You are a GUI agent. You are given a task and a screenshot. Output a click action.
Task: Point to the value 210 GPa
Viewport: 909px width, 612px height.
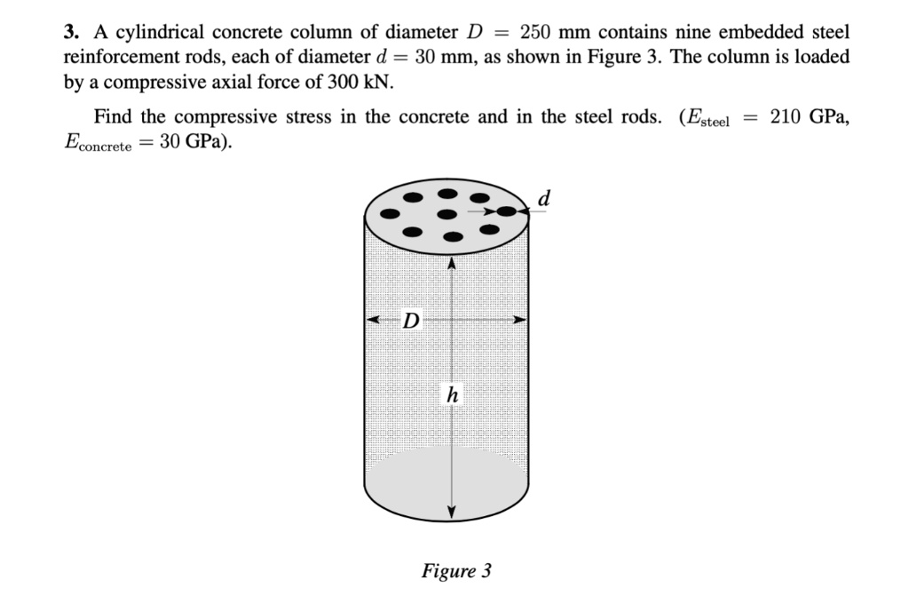pos(810,116)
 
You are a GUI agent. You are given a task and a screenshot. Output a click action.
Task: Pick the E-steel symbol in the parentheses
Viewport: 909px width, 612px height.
pos(705,118)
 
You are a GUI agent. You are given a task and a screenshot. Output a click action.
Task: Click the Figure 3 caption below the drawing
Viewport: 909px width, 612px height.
pos(455,570)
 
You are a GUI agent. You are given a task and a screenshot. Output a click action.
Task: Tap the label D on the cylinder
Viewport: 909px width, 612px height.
pos(411,320)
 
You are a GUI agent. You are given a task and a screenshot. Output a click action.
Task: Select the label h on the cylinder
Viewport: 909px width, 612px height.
pos(452,394)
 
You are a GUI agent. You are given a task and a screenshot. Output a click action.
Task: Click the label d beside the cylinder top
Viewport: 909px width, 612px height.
pos(544,199)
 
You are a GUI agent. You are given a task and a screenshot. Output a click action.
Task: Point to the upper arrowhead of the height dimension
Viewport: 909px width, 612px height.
pos(452,263)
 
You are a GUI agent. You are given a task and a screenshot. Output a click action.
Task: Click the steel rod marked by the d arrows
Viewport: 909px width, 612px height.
pos(506,211)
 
